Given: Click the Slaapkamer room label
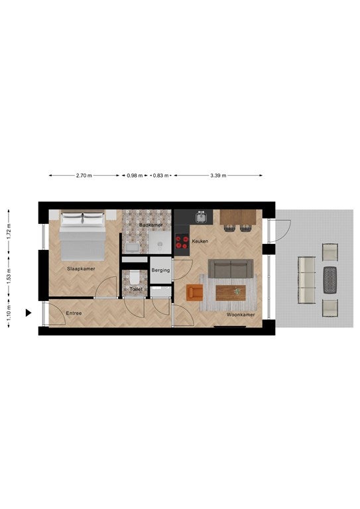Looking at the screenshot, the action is [81, 268].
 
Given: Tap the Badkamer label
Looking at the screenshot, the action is [151, 225].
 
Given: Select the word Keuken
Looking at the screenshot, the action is [200, 241].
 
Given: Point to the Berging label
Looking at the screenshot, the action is [160, 270].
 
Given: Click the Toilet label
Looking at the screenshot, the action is [136, 289].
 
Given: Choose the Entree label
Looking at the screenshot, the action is [74, 313].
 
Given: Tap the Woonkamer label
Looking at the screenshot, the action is [241, 315].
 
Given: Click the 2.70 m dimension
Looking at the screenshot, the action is [84, 176].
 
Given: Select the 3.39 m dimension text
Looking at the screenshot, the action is [218, 176].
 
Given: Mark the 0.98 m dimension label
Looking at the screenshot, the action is [135, 176].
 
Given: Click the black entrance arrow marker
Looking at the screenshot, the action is [29, 313].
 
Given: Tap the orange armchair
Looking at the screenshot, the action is [194, 292].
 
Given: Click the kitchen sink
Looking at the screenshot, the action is [202, 217].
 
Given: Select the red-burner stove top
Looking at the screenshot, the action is [182, 242].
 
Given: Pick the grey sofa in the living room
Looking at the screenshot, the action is [231, 268].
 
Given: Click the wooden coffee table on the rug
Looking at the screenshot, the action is [231, 293].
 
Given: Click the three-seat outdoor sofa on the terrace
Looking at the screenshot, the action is [307, 280].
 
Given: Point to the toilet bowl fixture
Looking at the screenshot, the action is [135, 278].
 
